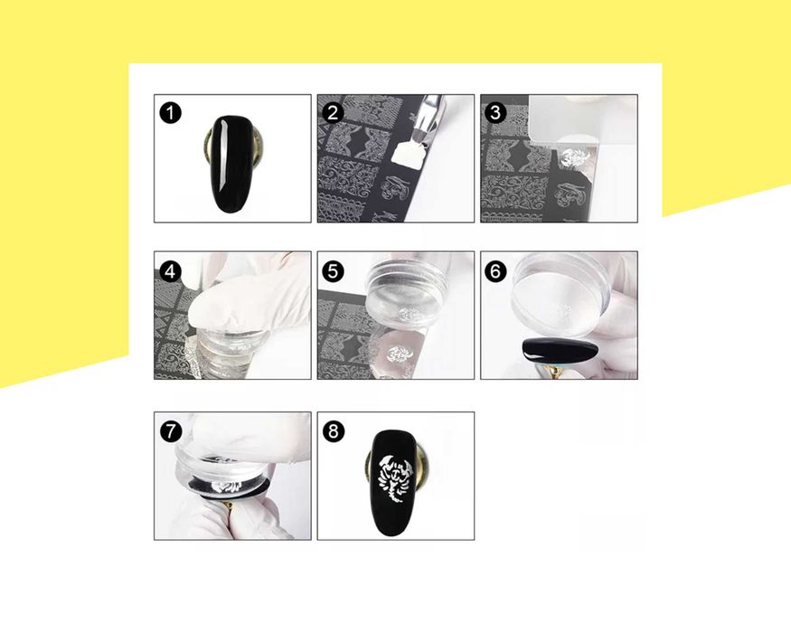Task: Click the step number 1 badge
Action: (x=171, y=112)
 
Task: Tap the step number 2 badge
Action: (x=333, y=112)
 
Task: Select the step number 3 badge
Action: (x=495, y=112)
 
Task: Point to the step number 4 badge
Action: (x=171, y=271)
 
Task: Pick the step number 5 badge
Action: (x=333, y=271)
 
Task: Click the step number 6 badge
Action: (x=495, y=271)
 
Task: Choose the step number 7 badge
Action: (x=171, y=431)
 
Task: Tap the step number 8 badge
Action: (x=333, y=431)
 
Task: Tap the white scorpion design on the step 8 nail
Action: (x=396, y=478)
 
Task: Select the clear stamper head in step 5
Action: (x=406, y=292)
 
